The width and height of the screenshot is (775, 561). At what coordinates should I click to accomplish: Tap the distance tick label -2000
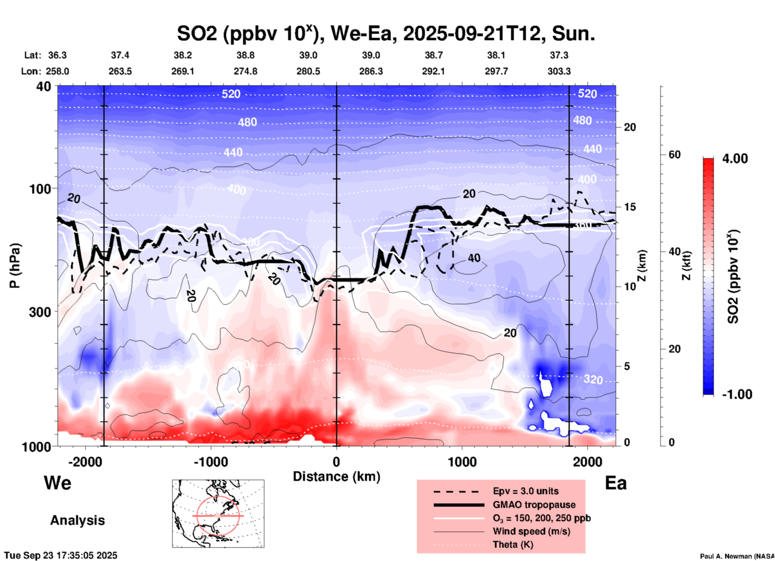(x=85, y=462)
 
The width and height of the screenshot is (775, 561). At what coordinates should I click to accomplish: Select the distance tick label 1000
(x=462, y=462)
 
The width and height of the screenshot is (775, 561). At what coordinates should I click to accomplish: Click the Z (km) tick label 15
(x=630, y=207)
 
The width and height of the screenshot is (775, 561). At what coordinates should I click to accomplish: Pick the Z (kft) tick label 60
(x=674, y=155)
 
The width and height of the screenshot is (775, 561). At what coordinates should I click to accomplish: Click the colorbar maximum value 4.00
(x=735, y=159)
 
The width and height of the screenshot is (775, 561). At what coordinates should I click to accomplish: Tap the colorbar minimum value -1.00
(x=737, y=394)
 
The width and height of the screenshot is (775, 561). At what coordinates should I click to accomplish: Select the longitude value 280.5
(x=308, y=71)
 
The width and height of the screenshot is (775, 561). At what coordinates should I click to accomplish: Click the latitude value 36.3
(x=57, y=55)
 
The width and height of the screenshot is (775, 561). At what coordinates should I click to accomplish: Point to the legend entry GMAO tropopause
(x=534, y=505)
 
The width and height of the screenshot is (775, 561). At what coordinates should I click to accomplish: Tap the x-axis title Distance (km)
(x=336, y=476)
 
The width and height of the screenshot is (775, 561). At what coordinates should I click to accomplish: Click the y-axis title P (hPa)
(x=15, y=266)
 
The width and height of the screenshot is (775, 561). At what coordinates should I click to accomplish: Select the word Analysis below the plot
(x=77, y=520)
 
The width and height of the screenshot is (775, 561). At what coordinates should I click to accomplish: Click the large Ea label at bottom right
(x=616, y=483)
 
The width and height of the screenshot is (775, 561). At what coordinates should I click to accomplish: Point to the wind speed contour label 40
(x=474, y=258)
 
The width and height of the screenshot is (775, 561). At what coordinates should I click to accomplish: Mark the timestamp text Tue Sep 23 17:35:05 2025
(x=61, y=555)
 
